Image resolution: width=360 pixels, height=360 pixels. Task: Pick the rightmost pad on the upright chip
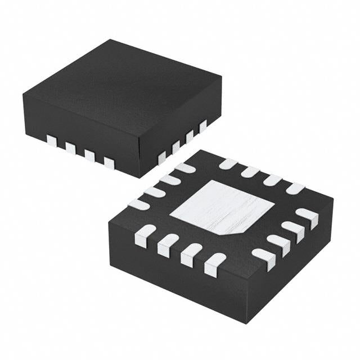pyautogui.click(x=202, y=126)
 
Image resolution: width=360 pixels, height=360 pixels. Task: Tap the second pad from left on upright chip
pyautogui.click(x=70, y=148)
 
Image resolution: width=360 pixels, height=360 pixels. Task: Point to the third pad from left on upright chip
pyautogui.click(x=89, y=155)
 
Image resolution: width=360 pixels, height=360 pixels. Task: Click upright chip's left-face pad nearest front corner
pyautogui.click(x=109, y=163)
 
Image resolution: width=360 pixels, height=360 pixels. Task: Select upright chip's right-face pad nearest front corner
pyautogui.click(x=162, y=157)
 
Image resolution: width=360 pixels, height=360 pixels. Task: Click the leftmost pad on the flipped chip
pyautogui.click(x=139, y=205)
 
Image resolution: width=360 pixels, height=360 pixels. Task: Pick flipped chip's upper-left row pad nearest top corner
pyautogui.click(x=184, y=168)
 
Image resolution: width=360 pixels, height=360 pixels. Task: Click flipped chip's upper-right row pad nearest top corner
pyautogui.click(x=228, y=164)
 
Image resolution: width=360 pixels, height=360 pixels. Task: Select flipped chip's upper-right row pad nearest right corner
pyautogui.click(x=295, y=188)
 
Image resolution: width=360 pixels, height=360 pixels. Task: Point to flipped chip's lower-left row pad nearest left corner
pyautogui.click(x=145, y=236)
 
